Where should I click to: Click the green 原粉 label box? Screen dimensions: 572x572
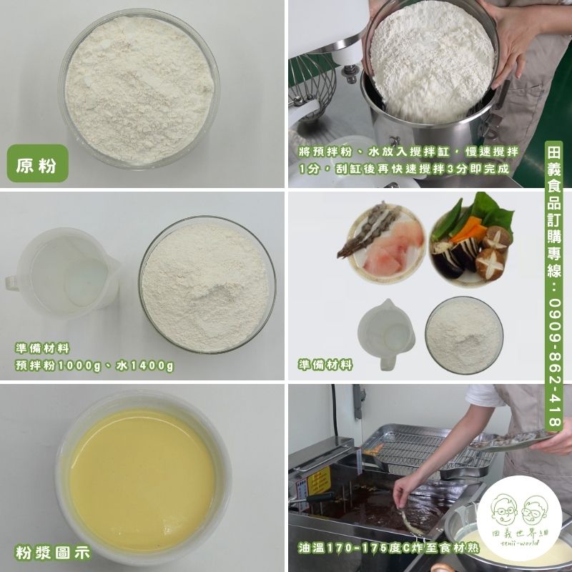coord(38,163)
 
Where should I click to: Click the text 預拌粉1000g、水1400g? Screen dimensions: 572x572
coord(94,366)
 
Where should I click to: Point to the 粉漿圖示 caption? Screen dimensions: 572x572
coord(52,552)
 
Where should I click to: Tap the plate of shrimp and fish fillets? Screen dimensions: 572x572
coord(383,242)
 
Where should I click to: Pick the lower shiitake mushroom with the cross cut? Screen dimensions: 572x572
coord(490,264)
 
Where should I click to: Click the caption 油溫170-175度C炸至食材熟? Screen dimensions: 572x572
coord(388,548)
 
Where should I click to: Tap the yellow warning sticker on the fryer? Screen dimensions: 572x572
coord(319,480)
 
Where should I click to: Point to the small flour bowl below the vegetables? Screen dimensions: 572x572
coord(464,335)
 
